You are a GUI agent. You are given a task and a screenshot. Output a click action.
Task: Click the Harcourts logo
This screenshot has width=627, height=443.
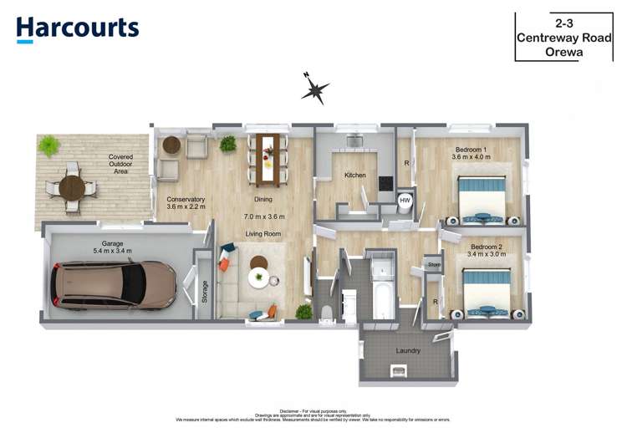77,29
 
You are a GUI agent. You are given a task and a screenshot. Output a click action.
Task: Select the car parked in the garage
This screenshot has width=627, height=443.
114,283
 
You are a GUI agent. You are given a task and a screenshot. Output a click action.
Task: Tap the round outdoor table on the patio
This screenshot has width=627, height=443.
72,185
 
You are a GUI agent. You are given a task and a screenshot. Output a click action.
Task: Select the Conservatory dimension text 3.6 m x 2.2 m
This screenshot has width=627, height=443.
186,209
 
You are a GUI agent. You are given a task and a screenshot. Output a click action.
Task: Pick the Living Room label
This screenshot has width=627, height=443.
263,234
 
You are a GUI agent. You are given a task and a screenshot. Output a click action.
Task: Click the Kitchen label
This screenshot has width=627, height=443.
355,176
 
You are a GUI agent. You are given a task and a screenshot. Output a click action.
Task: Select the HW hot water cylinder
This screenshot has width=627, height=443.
405,201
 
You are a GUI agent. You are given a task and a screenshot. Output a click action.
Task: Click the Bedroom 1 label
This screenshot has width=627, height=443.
469,149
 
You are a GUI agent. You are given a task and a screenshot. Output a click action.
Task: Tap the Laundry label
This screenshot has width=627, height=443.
408,350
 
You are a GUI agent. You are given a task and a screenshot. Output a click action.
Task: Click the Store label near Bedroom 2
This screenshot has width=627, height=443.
433,265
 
